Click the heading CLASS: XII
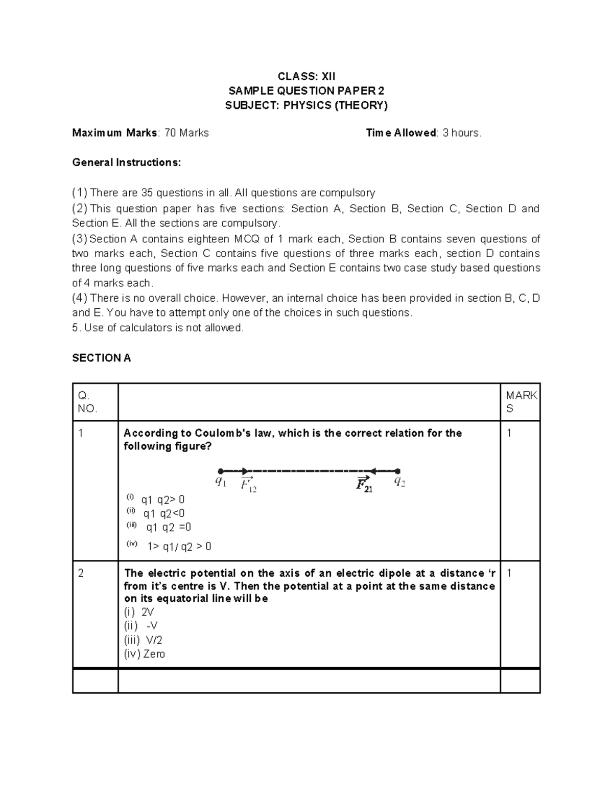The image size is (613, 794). pyautogui.click(x=306, y=77)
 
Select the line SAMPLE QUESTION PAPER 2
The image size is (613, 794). pyautogui.click(x=306, y=91)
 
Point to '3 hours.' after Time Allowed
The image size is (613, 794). pyautogui.click(x=462, y=133)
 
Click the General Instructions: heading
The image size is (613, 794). pyautogui.click(x=126, y=163)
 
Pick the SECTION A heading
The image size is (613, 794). pyautogui.click(x=101, y=358)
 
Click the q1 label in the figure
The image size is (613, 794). pyautogui.click(x=221, y=482)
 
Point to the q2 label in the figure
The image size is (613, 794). pyautogui.click(x=399, y=482)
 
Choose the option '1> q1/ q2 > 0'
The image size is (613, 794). pyautogui.click(x=179, y=547)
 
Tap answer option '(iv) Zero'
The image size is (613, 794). pyautogui.click(x=144, y=654)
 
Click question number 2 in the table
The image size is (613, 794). pyautogui.click(x=81, y=573)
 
